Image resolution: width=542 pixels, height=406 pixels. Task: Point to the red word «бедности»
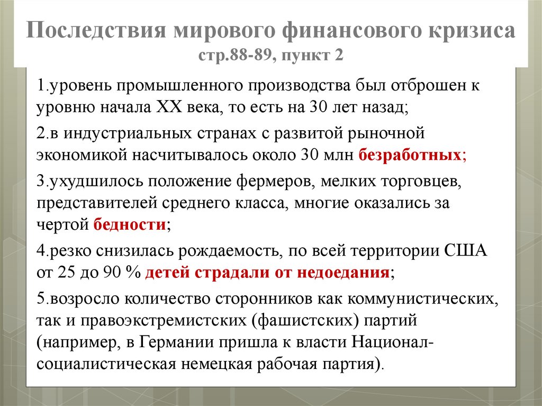click(x=130, y=224)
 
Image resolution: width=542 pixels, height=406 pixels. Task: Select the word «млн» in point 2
click(x=339, y=155)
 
